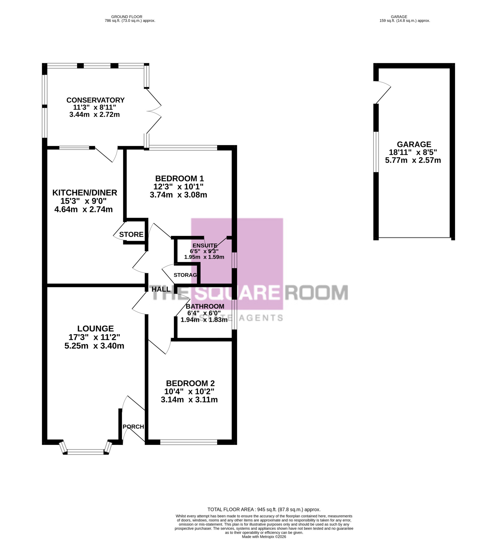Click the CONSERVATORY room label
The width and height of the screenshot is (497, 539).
pos(95,100)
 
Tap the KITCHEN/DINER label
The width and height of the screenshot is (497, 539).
pos(85,193)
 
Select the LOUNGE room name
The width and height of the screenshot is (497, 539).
pos(95,329)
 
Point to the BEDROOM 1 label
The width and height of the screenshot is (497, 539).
pos(179,179)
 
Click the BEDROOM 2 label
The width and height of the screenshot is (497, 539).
pos(190,383)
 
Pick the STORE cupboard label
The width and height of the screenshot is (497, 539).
pos(131,234)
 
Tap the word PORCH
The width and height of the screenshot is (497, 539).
pos(133,427)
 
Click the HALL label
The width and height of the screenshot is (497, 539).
pos(161,289)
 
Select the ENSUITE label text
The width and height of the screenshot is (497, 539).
pos(205,245)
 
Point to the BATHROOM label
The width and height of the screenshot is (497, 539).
pos(205,306)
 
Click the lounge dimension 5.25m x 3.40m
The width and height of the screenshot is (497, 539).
pos(94,346)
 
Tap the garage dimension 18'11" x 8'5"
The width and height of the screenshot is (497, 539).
pos(413,152)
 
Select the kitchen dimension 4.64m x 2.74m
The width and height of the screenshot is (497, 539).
pos(84,209)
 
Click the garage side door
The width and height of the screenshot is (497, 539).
pos(382,92)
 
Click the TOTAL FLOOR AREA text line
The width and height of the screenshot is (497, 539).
pos(264,509)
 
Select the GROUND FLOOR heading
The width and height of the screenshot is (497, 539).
pos(127,17)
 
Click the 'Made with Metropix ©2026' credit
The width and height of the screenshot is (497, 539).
pos(264,537)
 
